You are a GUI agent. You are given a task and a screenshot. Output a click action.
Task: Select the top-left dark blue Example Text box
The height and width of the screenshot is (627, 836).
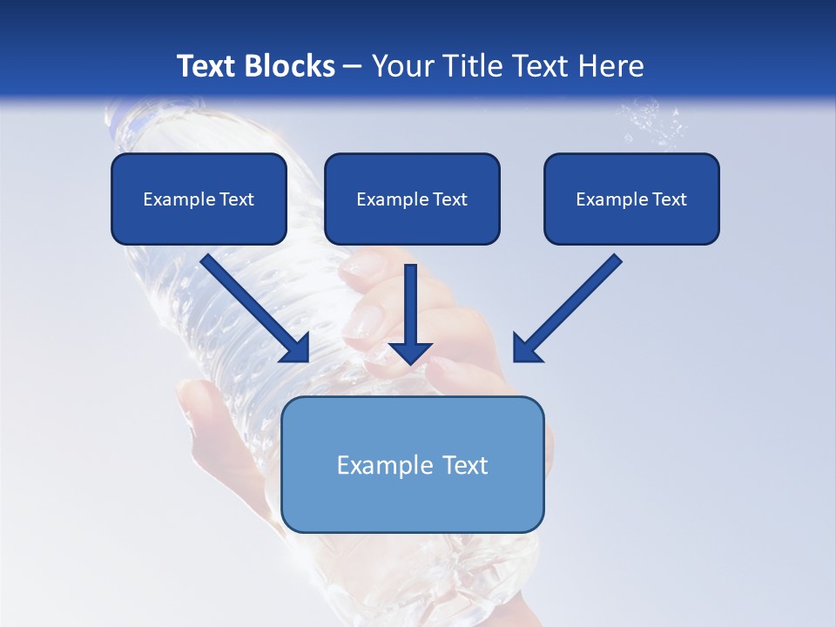point(199,199)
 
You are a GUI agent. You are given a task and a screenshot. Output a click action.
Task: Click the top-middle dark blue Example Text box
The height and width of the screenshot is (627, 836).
point(412,199)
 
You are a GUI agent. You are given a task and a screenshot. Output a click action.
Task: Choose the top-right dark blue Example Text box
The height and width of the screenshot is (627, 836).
point(631,199)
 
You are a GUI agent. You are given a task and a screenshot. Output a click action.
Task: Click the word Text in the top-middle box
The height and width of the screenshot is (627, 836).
point(448,199)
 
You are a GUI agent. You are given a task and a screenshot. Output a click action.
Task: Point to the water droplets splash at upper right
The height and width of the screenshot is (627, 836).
point(653,122)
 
